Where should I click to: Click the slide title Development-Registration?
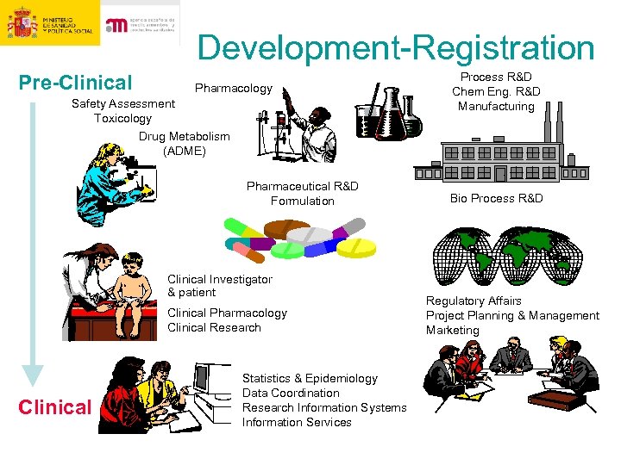396,48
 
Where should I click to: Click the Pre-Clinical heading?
76,84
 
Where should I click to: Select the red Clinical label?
54,407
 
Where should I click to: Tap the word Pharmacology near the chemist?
233,89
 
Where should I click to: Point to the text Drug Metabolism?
185,136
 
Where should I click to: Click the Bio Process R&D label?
496,199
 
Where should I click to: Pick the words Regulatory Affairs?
474,301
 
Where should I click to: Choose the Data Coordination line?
291,393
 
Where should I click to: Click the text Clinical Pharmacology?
227,313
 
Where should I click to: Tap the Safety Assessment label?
122,103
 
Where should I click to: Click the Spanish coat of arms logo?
22,23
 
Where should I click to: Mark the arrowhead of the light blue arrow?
33,374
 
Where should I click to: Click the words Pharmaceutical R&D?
302,186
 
